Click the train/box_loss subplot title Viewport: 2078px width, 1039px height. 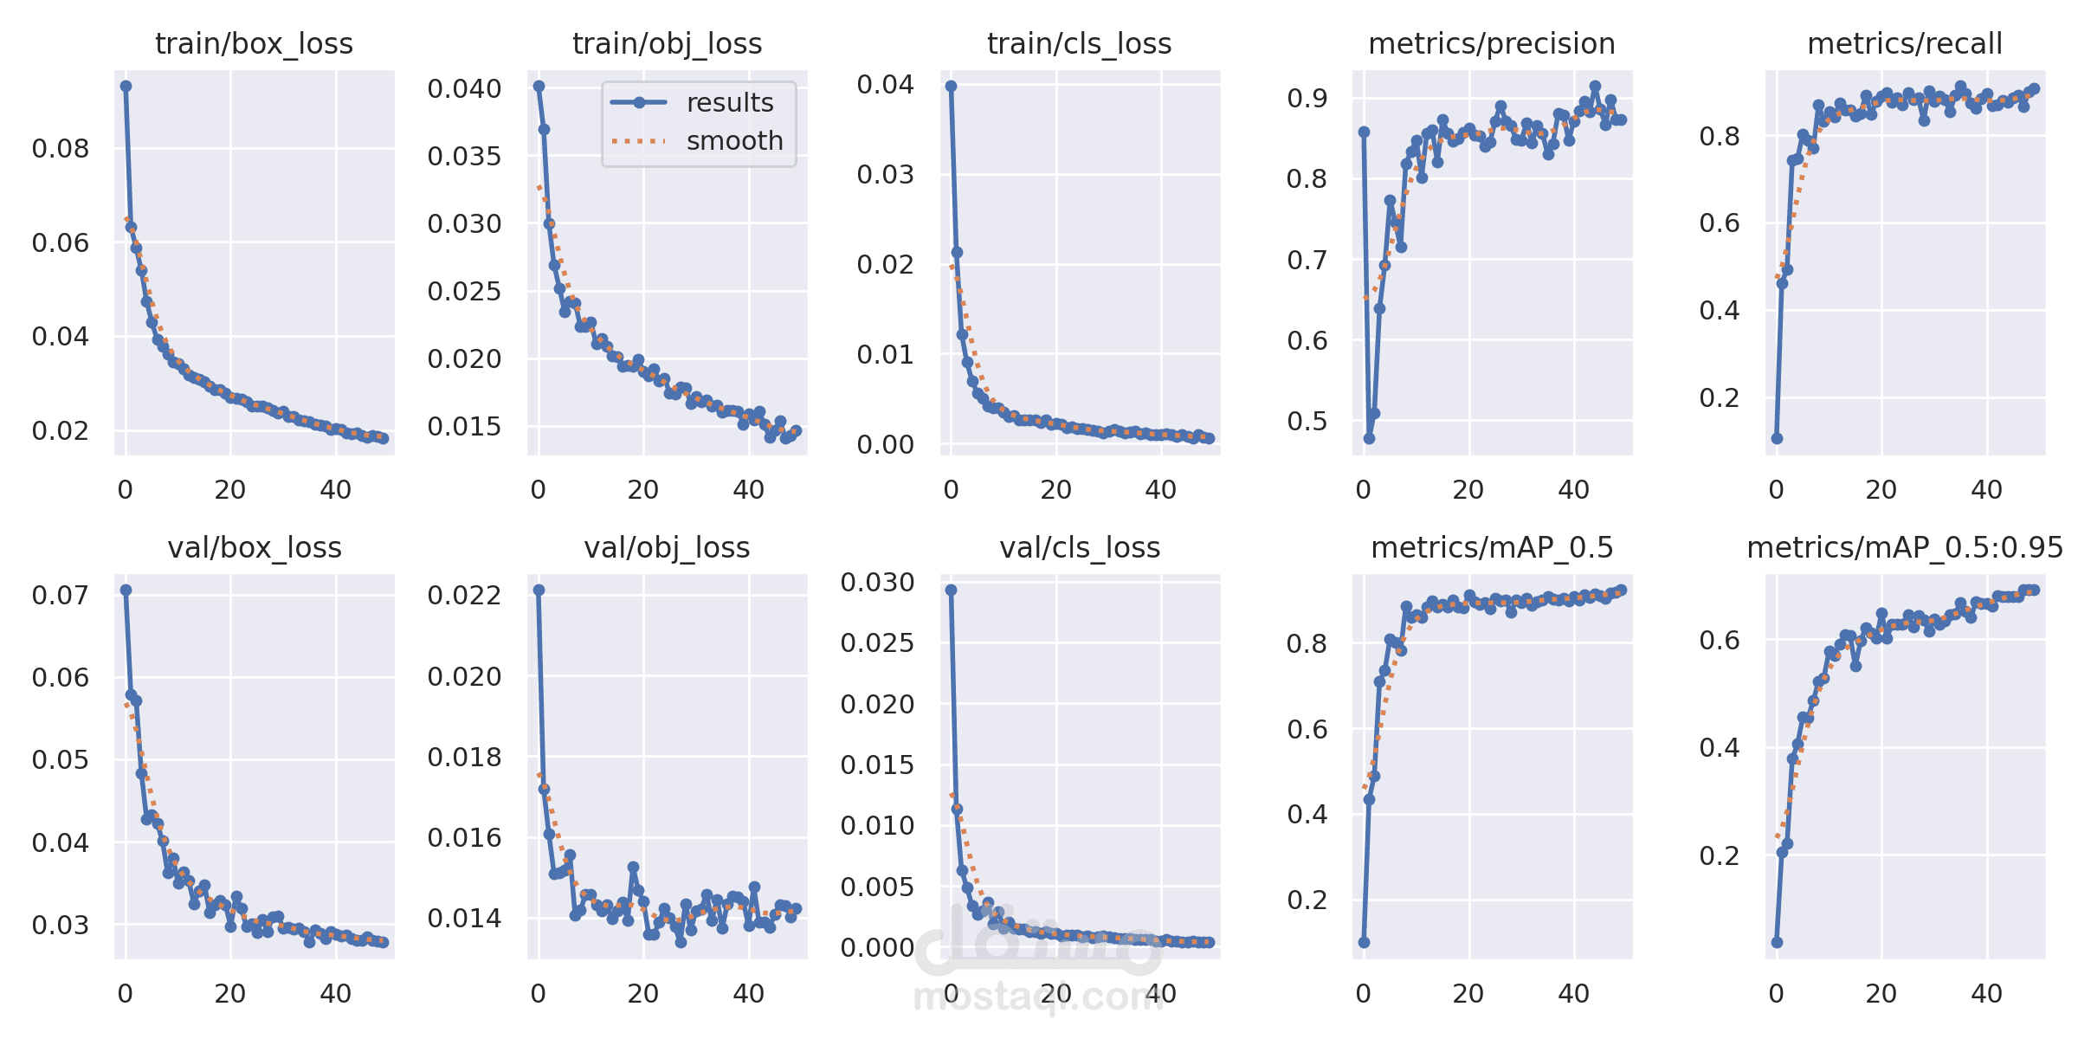tap(254, 43)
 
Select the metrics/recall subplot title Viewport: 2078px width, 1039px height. tap(1905, 43)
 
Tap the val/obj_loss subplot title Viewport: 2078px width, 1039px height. tap(667, 547)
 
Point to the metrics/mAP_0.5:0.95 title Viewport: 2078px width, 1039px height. tap(1905, 547)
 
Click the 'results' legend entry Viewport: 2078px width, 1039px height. tap(729, 103)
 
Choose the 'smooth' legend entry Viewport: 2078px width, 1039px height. tap(734, 140)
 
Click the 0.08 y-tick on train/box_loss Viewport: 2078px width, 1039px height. tap(61, 149)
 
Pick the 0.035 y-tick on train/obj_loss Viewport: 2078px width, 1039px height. tap(464, 157)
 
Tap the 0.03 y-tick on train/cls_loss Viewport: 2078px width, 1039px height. tap(885, 175)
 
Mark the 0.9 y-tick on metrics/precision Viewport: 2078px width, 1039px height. tap(1307, 98)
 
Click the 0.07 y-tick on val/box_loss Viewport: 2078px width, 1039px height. tap(61, 596)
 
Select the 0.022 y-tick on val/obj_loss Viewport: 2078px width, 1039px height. tap(464, 596)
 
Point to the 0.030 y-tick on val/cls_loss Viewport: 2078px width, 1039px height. tap(877, 583)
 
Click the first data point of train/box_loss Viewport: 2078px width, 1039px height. tap(126, 86)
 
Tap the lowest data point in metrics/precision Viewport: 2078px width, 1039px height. tap(1369, 438)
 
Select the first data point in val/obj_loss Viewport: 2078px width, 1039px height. tap(539, 590)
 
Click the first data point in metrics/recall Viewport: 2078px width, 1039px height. tap(1777, 438)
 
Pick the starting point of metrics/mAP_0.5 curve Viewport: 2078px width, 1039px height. tap(1364, 942)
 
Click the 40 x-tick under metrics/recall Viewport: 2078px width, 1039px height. tap(1987, 490)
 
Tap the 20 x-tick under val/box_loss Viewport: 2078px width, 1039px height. tap(230, 994)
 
